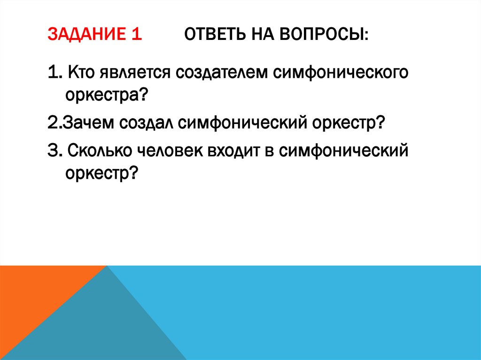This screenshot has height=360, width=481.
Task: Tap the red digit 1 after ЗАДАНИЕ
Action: [136, 35]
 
